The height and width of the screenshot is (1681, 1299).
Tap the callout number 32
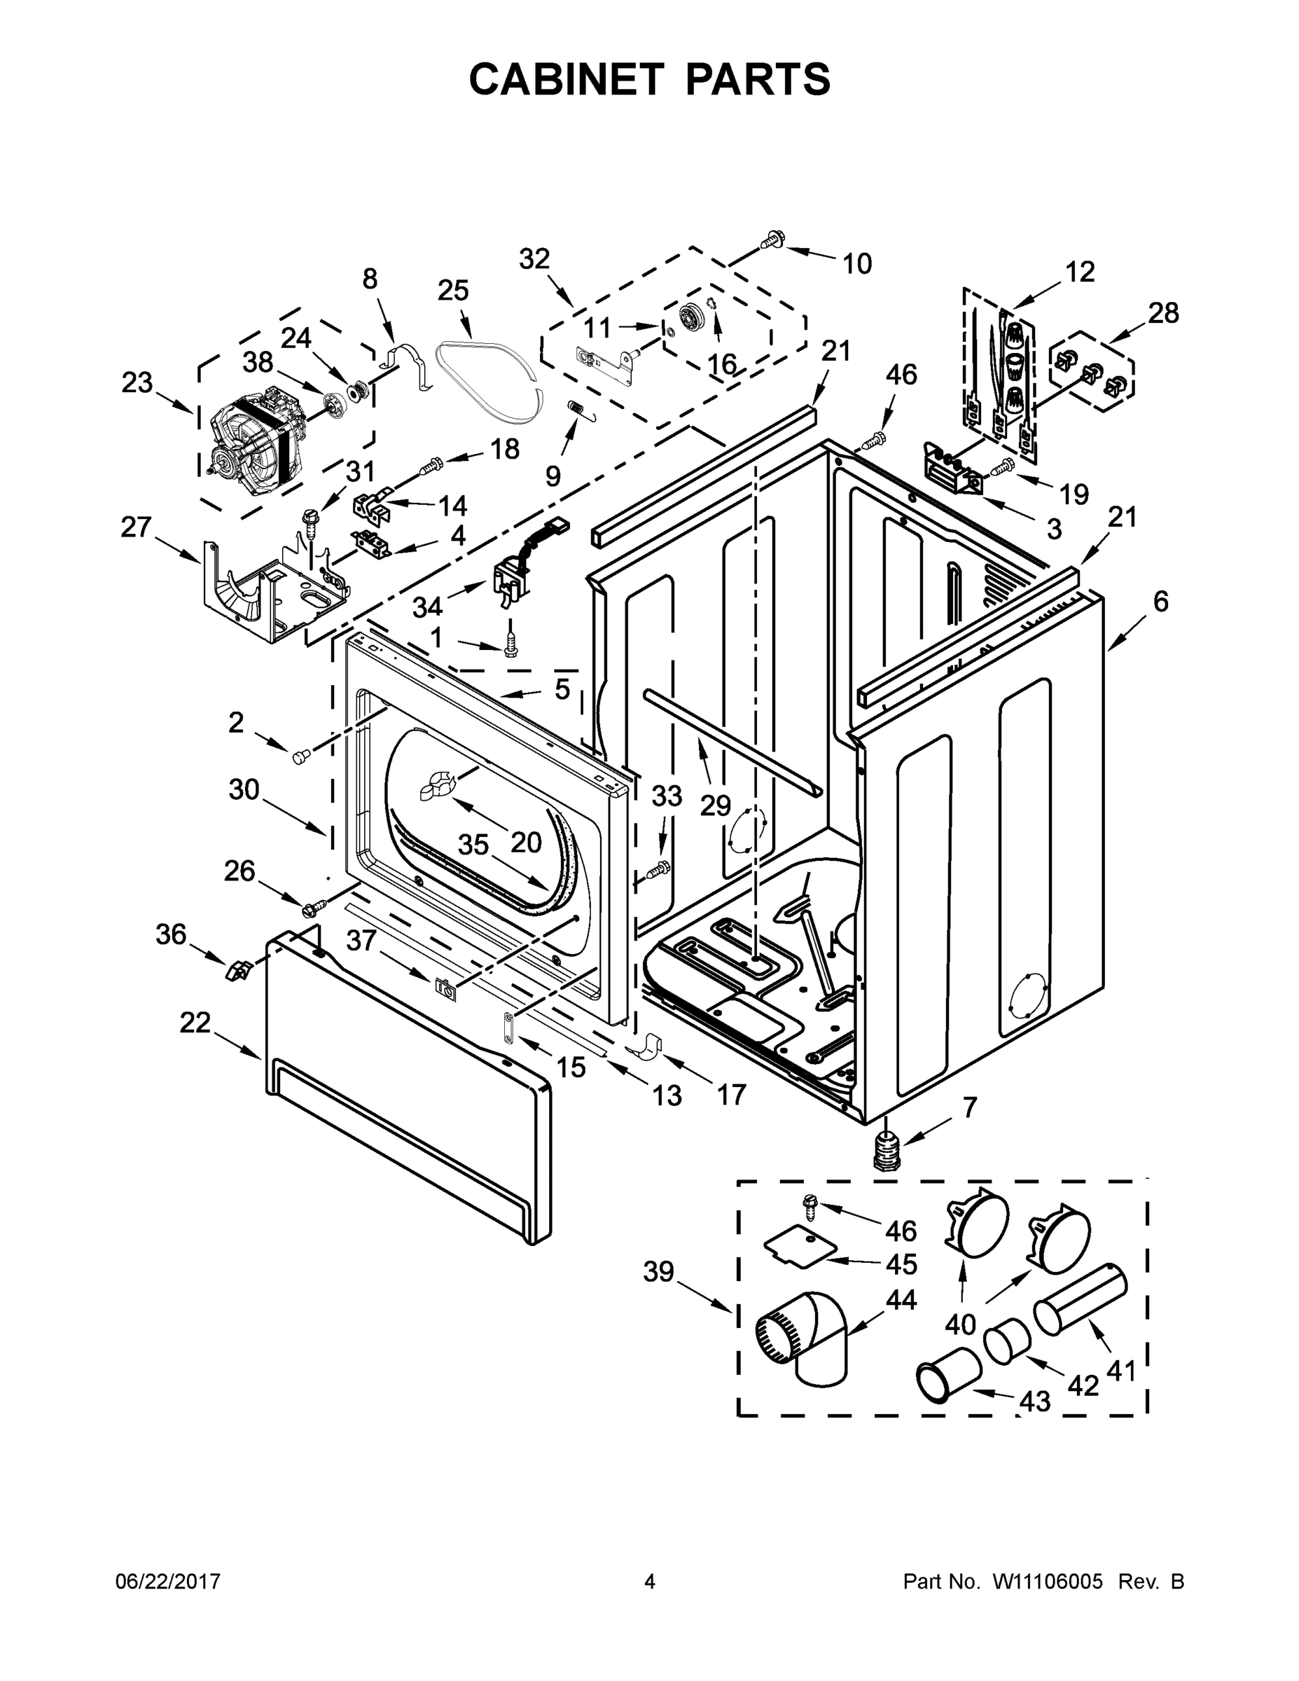click(534, 259)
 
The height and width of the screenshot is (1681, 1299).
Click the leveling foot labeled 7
click(887, 1154)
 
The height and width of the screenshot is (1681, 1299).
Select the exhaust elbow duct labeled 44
click(804, 1340)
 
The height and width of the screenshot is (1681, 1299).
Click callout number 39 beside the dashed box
click(659, 1271)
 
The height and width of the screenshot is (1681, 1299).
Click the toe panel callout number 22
click(195, 1022)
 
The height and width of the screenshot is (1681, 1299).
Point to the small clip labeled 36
click(237, 969)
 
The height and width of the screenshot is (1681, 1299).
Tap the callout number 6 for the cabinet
click(1160, 601)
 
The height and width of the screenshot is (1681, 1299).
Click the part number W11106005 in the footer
click(1048, 1582)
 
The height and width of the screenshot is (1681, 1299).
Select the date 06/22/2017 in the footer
click(168, 1582)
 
